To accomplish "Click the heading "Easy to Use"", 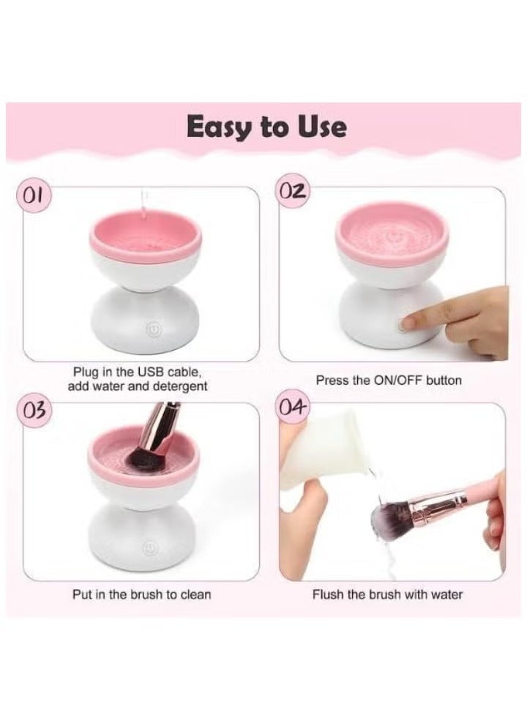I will pyautogui.click(x=265, y=127).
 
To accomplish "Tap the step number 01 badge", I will pyautogui.click(x=34, y=196).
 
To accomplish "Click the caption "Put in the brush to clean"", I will pyautogui.click(x=141, y=594).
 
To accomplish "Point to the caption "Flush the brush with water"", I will pyautogui.click(x=387, y=594).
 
